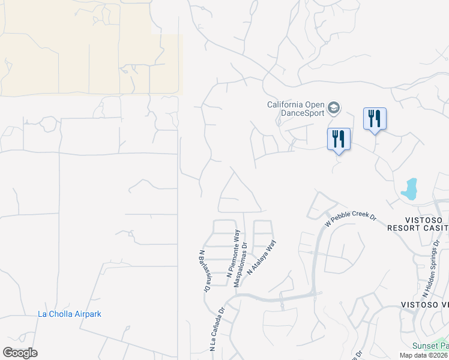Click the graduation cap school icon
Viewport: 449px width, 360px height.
point(334,109)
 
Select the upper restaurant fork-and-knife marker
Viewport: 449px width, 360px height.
point(375,119)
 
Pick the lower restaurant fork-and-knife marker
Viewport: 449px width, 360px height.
point(339,139)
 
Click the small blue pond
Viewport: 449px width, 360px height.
point(410,189)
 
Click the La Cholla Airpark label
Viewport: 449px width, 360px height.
point(70,314)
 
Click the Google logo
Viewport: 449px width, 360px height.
point(20,353)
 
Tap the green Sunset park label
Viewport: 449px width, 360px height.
point(430,346)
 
